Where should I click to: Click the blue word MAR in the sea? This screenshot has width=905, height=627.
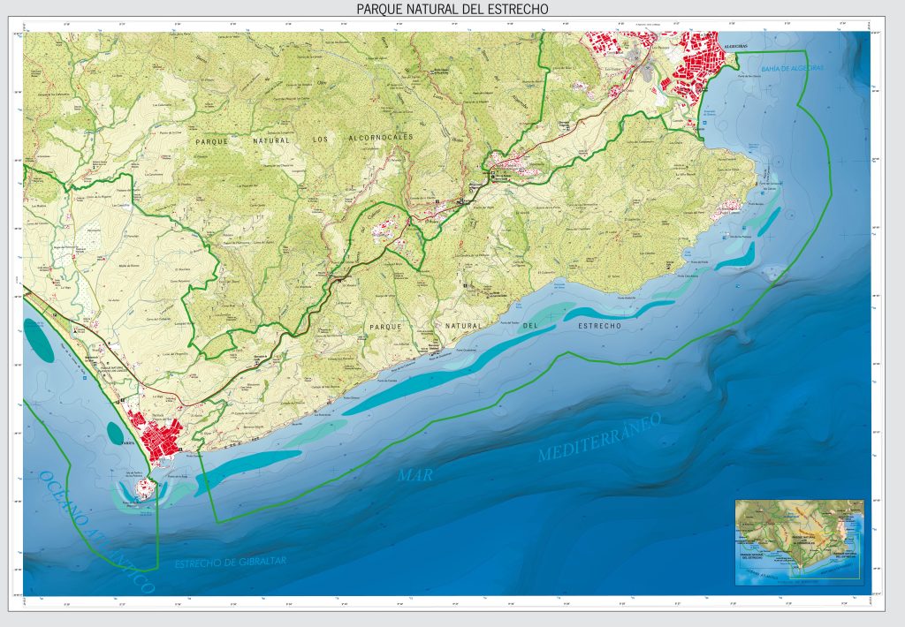[x=414, y=475]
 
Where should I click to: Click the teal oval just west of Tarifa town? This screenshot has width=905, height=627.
[x=117, y=432]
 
